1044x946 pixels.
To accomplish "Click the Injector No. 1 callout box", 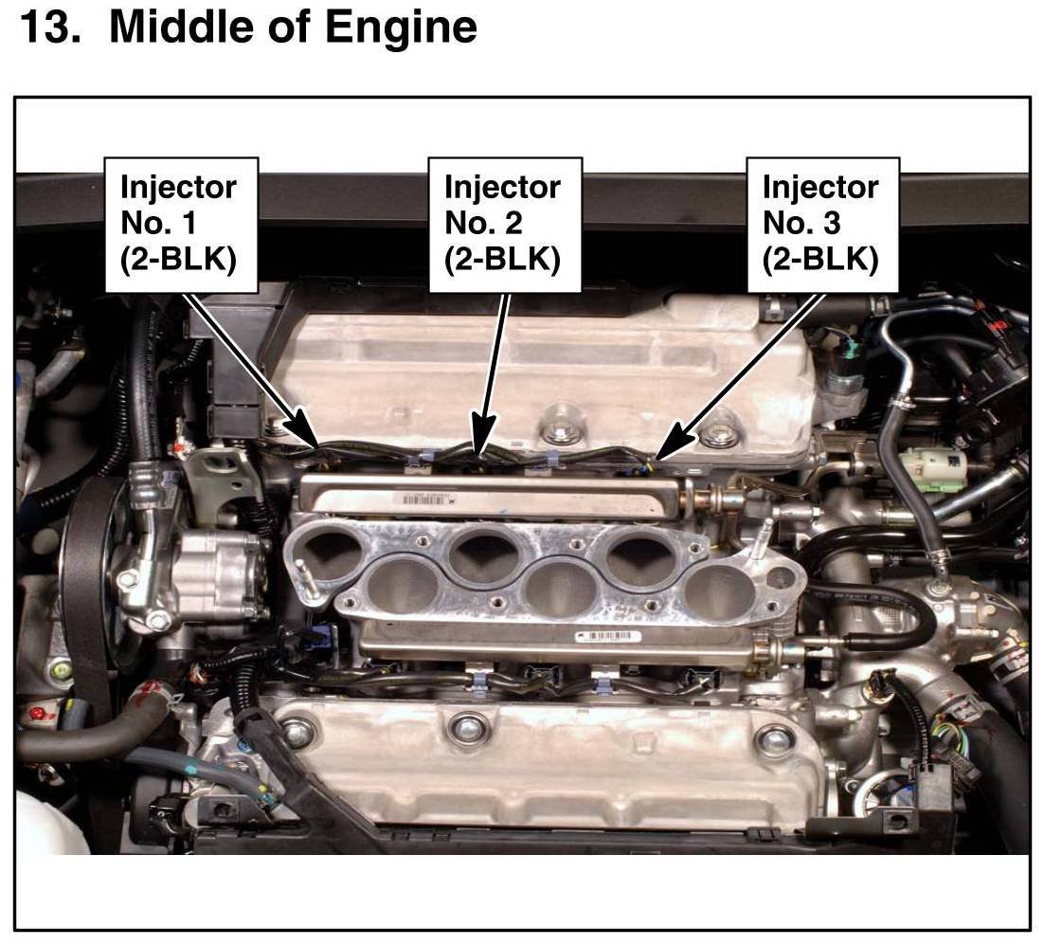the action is (x=181, y=226).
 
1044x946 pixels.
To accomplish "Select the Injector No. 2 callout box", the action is (x=505, y=226).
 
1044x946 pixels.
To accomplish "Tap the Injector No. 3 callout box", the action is (x=823, y=226).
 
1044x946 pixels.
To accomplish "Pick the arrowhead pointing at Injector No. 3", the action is (x=674, y=440).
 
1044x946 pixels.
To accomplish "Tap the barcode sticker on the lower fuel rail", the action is (x=608, y=636).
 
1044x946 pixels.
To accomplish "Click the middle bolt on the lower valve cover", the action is (x=462, y=727).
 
